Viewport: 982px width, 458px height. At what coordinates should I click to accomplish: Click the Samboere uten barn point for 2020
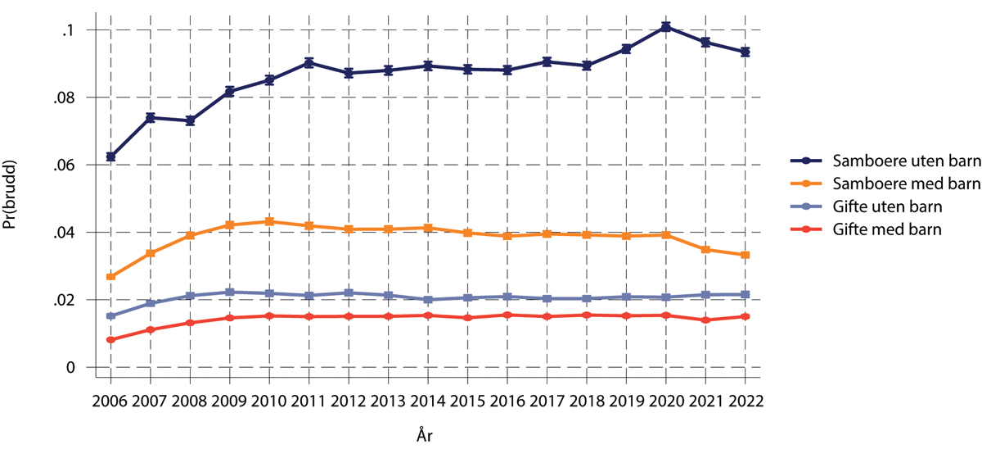666,27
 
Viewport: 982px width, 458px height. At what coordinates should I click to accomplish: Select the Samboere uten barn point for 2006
110,156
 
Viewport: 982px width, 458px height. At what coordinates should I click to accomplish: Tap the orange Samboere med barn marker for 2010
269,221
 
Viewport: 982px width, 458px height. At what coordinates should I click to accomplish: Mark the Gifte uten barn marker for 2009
230,292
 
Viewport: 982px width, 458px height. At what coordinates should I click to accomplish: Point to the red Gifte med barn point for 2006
110,340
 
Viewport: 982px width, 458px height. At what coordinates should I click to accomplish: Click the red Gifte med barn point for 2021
705,320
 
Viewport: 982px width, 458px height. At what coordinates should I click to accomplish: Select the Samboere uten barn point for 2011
309,62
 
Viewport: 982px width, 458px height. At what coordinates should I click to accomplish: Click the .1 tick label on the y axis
69,30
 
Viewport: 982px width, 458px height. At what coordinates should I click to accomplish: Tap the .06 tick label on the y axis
64,166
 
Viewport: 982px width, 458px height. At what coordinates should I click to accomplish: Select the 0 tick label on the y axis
70,368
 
